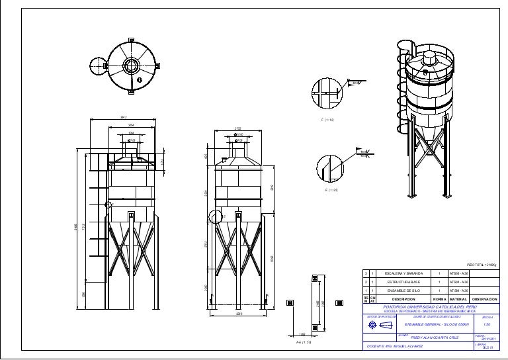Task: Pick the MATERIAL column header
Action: [x=458, y=299]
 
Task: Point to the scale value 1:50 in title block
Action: [x=486, y=325]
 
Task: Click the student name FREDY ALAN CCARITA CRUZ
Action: [x=435, y=337]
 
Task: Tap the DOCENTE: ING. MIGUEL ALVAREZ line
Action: [x=396, y=346]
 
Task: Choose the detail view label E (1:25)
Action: [x=331, y=190]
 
